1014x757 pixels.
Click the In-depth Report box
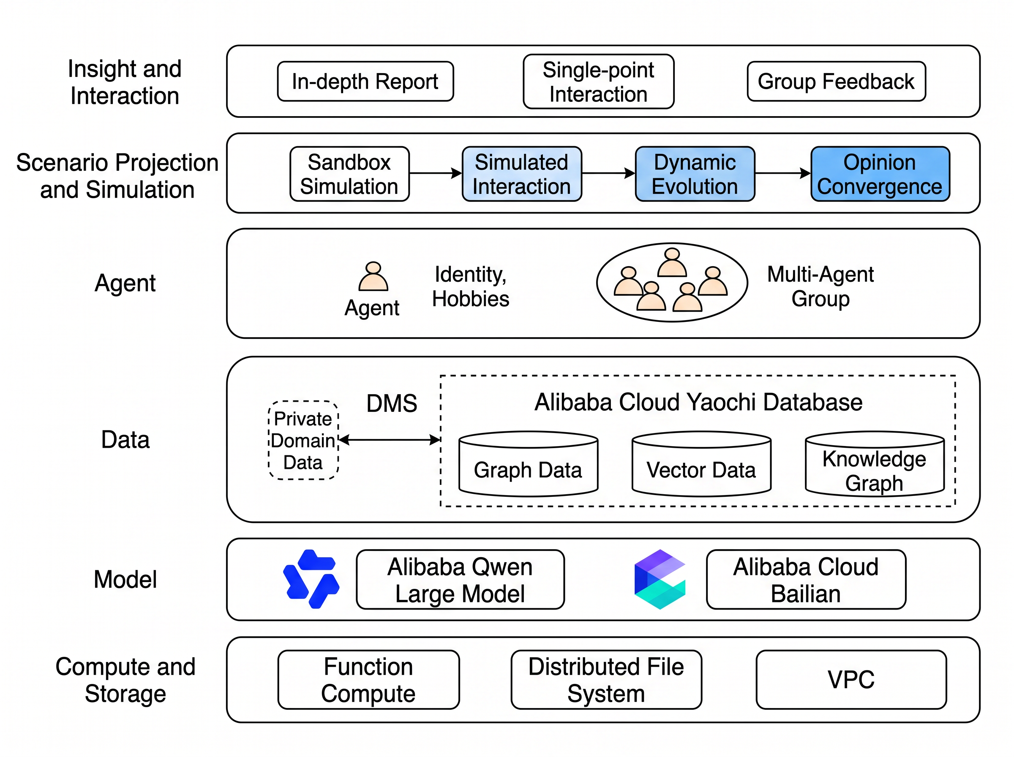[365, 81]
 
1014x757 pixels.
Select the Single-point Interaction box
[598, 82]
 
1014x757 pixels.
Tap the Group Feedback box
[836, 81]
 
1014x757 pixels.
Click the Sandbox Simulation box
[349, 174]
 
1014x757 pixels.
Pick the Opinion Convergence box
[880, 174]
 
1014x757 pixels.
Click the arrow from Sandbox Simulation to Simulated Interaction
[435, 173]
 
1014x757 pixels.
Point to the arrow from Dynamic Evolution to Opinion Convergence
[782, 173]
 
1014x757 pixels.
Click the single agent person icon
[373, 277]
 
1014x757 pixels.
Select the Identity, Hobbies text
[471, 286]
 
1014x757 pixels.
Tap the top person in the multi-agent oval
[672, 262]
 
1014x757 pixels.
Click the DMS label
[392, 403]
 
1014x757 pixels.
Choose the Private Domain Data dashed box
[303, 440]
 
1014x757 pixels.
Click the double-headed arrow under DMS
[390, 440]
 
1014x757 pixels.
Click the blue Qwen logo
[311, 579]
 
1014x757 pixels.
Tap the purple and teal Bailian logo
[660, 579]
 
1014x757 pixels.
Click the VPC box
[851, 680]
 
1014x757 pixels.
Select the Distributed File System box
[606, 680]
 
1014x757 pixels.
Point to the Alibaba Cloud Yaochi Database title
[698, 402]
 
